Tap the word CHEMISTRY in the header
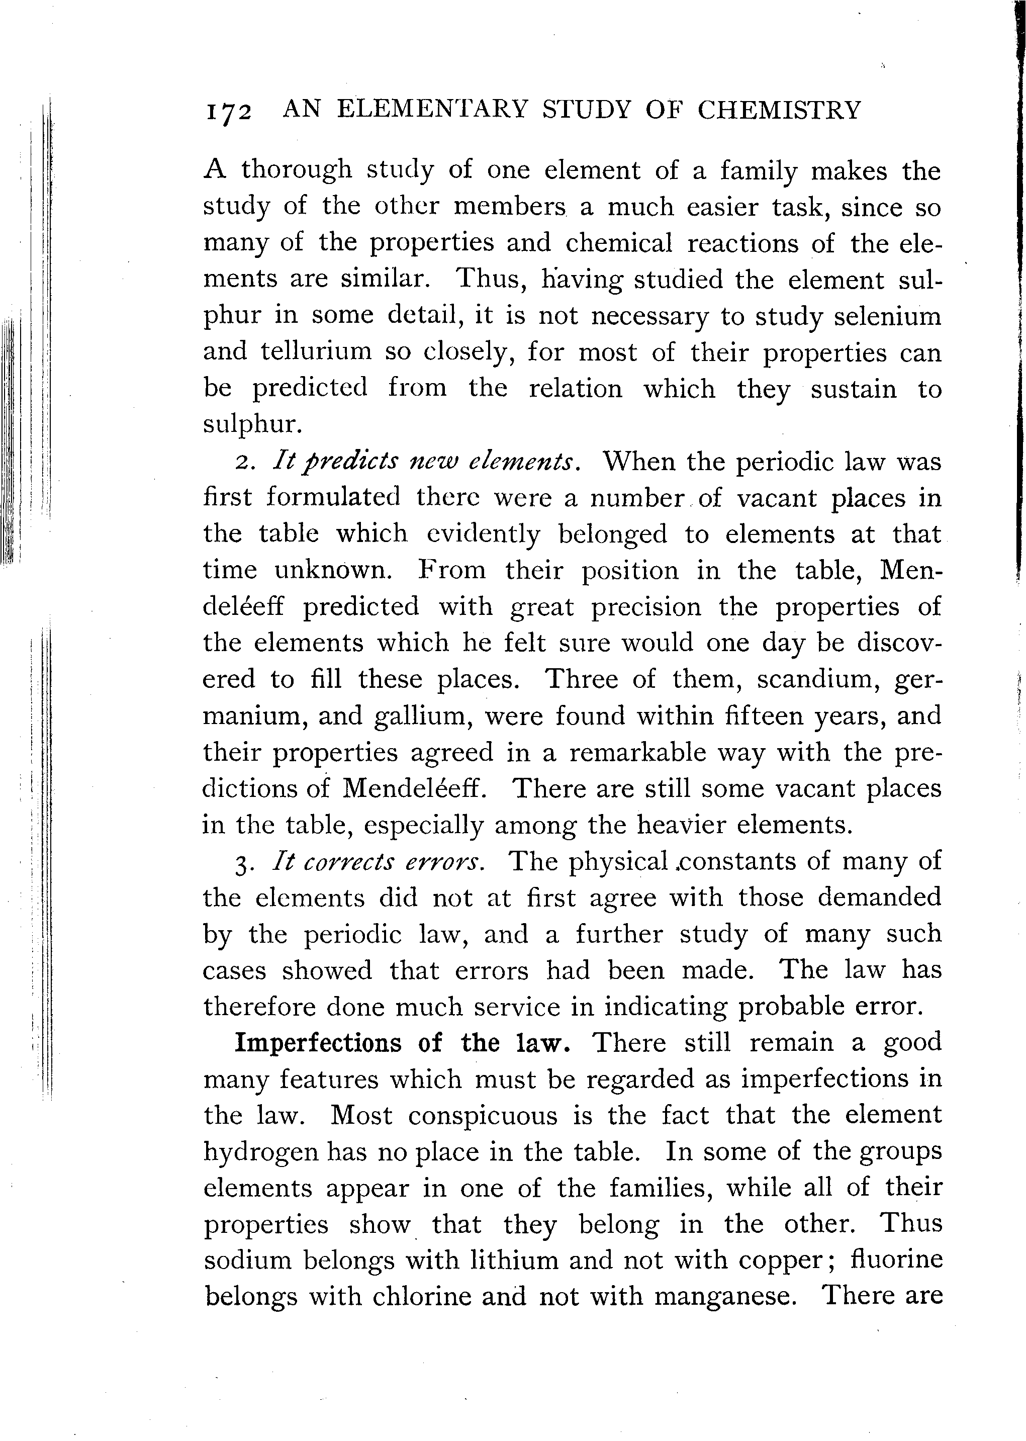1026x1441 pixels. point(779,110)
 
